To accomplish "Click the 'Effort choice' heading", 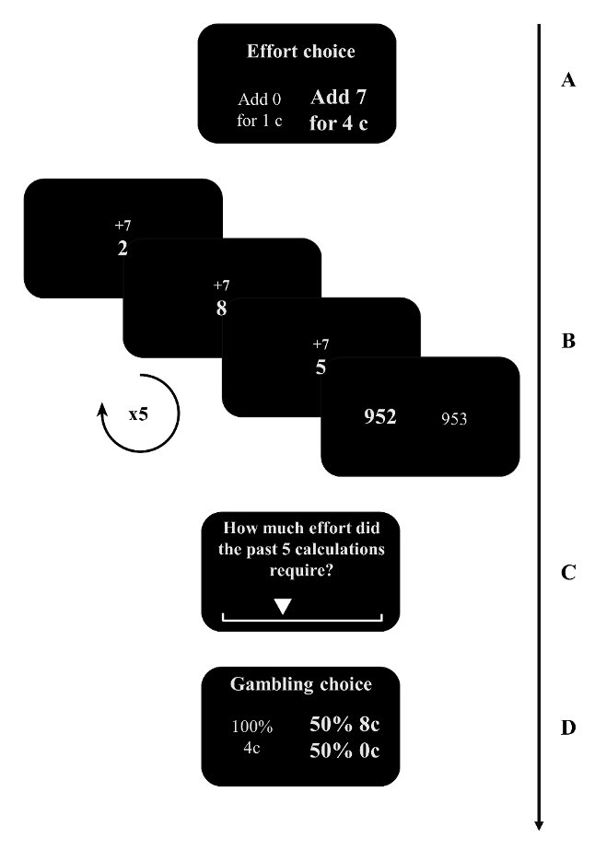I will pyautogui.click(x=300, y=52).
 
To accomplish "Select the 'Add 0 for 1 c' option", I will pyautogui.click(x=258, y=110).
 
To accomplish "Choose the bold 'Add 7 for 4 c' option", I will pyautogui.click(x=339, y=110).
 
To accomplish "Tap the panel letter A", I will pyautogui.click(x=568, y=80).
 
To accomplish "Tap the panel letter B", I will pyautogui.click(x=568, y=342).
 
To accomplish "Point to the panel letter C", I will pyautogui.click(x=568, y=573).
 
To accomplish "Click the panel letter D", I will pyautogui.click(x=568, y=728).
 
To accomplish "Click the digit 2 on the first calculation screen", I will pyautogui.click(x=122, y=247).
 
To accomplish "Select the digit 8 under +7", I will pyautogui.click(x=221, y=309).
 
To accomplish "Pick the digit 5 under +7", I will pyautogui.click(x=321, y=367).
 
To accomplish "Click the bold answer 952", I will pyautogui.click(x=379, y=417).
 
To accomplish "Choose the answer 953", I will pyautogui.click(x=454, y=419).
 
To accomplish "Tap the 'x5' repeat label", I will pyautogui.click(x=138, y=414).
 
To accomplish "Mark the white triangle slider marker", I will pyautogui.click(x=283, y=606).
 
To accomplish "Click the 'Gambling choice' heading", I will pyautogui.click(x=300, y=684).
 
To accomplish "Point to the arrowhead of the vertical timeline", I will pyautogui.click(x=540, y=825).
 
